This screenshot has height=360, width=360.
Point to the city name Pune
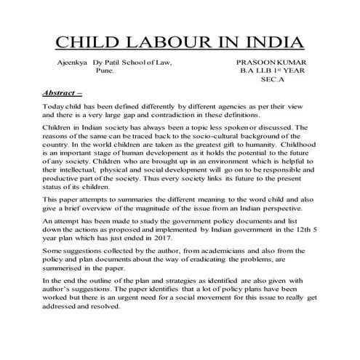point(105,73)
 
